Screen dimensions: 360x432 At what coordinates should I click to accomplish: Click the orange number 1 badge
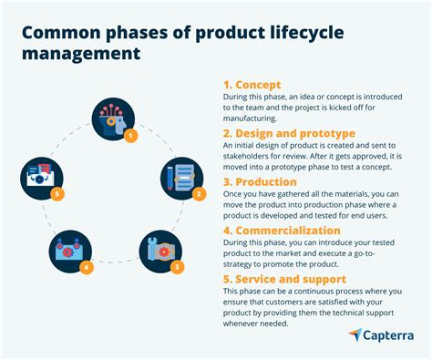[x=130, y=136]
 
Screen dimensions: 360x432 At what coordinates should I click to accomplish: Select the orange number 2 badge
[x=198, y=194]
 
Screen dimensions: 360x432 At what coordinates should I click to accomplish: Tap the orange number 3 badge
[x=177, y=266]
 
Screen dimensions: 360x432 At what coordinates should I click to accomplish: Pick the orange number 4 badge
[x=86, y=267]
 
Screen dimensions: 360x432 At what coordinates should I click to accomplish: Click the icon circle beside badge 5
[x=42, y=179]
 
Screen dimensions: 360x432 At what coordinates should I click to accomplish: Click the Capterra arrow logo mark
[x=355, y=334]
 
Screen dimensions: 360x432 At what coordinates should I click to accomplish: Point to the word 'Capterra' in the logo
[x=388, y=335]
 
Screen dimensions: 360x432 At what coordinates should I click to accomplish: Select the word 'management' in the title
[x=81, y=54]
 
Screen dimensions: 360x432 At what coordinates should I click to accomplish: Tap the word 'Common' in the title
[x=59, y=33]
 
